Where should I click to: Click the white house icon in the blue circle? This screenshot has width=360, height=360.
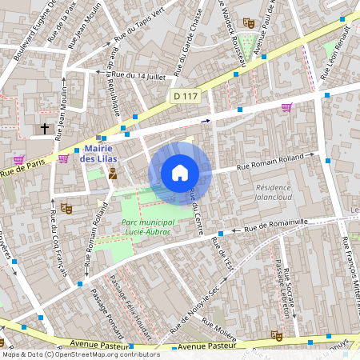tap(180, 172)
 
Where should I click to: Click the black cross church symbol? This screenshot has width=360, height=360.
tap(45, 127)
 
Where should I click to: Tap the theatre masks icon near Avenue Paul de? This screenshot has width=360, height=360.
tap(248, 23)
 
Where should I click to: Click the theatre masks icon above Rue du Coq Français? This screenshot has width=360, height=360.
tap(66, 208)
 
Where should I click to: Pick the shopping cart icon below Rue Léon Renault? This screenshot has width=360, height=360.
tap(286, 107)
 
